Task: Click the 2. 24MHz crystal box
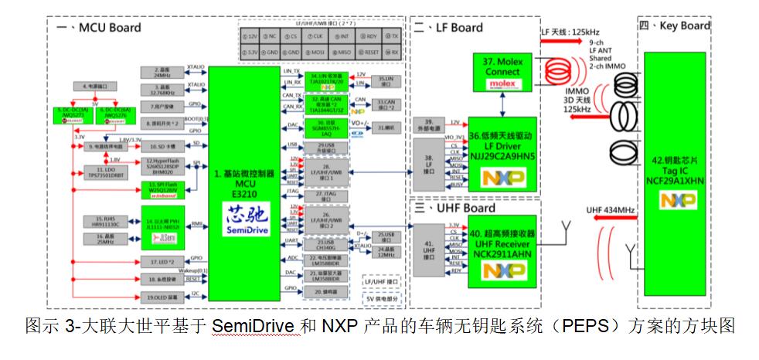(162, 72)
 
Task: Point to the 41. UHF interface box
(428, 249)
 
